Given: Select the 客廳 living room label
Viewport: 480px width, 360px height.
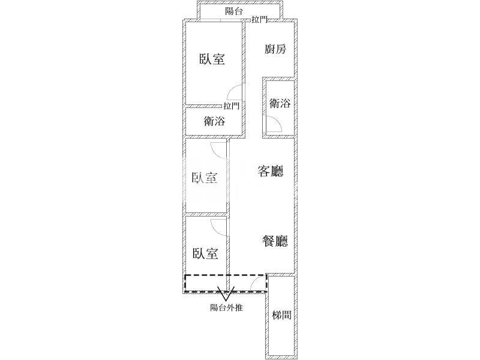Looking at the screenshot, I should tap(270, 172).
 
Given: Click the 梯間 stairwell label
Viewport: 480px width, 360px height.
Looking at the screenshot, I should tap(281, 315).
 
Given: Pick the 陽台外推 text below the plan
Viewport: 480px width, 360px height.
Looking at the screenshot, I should tap(226, 308).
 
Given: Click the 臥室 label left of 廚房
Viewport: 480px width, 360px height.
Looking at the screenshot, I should tap(212, 59).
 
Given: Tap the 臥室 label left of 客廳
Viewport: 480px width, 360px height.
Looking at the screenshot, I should tap(205, 178).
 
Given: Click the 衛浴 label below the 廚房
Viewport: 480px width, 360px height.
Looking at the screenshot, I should tap(280, 103).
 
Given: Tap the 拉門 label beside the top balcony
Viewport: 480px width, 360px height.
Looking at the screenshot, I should tap(260, 20).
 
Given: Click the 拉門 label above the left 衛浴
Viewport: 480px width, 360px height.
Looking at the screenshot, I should tap(232, 106).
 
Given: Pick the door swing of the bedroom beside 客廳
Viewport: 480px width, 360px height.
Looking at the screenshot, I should tap(219, 150).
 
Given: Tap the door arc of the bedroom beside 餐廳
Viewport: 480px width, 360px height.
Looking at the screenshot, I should tap(219, 227).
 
